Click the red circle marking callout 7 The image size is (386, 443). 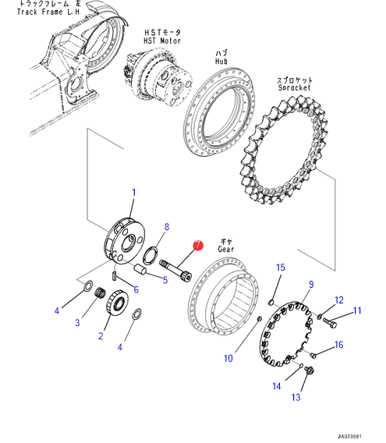pyautogui.click(x=198, y=245)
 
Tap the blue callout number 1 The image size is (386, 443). pyautogui.click(x=134, y=193)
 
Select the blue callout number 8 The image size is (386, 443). pyautogui.click(x=167, y=227)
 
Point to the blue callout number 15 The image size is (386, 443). pyautogui.click(x=281, y=268)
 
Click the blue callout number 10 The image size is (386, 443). pyautogui.click(x=228, y=358)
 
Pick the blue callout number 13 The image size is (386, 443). pyautogui.click(x=296, y=398)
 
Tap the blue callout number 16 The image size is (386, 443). pyautogui.click(x=338, y=345)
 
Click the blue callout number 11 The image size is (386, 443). pyautogui.click(x=357, y=310)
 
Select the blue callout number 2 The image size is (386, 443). pyautogui.click(x=101, y=336)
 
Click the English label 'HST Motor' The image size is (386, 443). pyautogui.click(x=162, y=41)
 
